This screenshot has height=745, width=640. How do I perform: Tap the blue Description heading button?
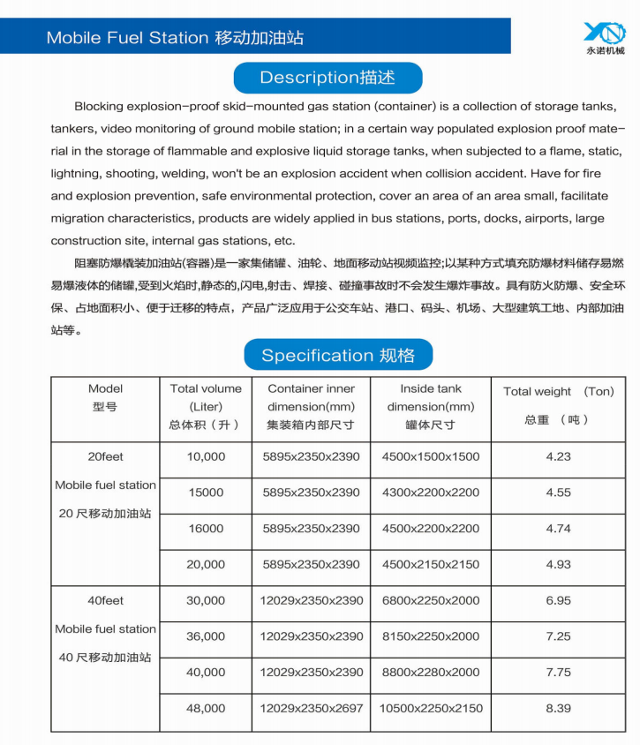click(x=328, y=78)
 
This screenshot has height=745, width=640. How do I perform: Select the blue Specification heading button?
click(x=338, y=356)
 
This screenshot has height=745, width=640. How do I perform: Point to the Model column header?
click(x=105, y=397)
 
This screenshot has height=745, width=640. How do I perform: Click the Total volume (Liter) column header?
click(x=206, y=406)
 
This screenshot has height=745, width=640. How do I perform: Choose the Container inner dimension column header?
click(x=311, y=406)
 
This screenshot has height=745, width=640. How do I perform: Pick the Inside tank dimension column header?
click(x=430, y=406)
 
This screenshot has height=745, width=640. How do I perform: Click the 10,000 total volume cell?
click(x=206, y=457)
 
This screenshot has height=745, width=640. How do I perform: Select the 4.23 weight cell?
click(x=558, y=457)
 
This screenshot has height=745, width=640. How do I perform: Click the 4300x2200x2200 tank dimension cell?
click(x=430, y=493)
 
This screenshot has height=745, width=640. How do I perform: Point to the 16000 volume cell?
click(x=206, y=529)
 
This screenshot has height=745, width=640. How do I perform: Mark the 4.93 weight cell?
click(x=558, y=564)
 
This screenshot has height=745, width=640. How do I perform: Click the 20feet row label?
click(x=105, y=457)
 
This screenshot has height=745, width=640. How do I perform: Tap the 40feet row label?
click(x=105, y=600)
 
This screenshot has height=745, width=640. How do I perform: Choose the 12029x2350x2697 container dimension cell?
click(x=311, y=708)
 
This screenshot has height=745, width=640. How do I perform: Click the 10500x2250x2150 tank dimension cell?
click(x=430, y=708)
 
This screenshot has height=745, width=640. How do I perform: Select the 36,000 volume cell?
click(x=206, y=636)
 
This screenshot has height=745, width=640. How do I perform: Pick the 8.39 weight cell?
click(x=558, y=708)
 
